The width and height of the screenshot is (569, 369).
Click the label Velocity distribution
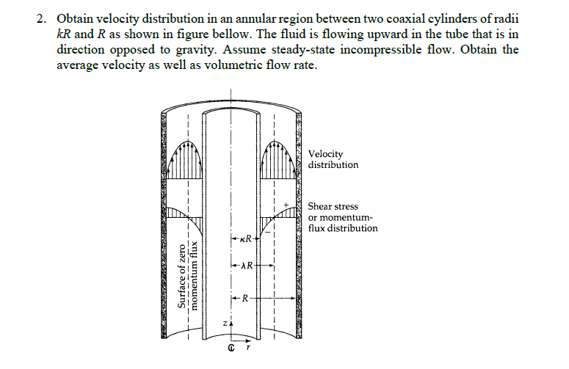click(333, 159)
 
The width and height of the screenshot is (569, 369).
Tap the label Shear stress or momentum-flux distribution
click(342, 217)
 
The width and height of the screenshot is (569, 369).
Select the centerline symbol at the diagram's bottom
click(231, 351)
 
